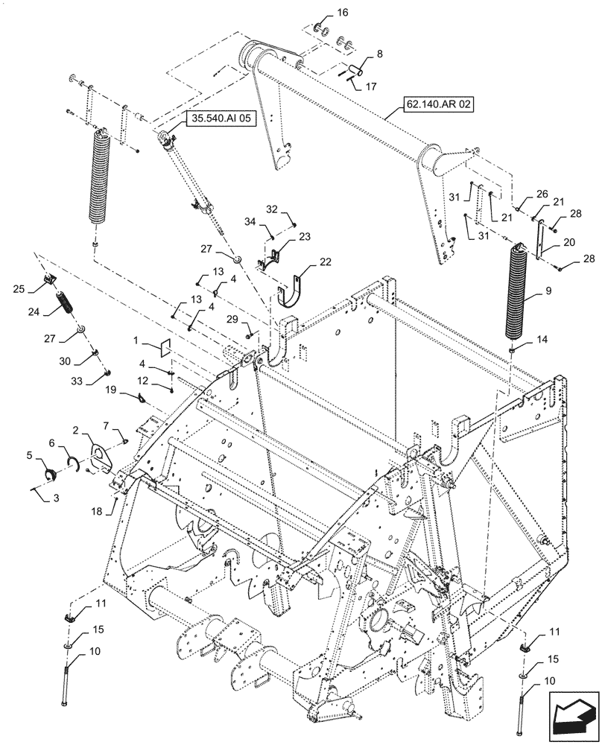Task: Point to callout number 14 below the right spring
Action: (540, 340)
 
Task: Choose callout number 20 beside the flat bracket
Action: (568, 242)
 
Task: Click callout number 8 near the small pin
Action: (379, 54)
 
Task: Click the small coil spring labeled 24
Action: (65, 305)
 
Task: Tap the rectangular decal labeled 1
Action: (165, 347)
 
